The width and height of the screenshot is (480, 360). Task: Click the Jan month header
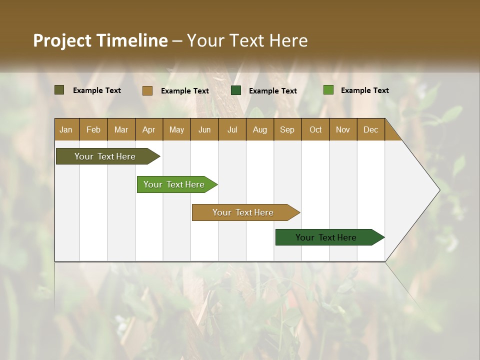pyautogui.click(x=66, y=129)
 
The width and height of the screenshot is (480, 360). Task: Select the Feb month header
pyautogui.click(x=93, y=129)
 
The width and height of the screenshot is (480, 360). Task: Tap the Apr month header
pyautogui.click(x=148, y=129)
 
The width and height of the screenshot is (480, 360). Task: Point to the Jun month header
pyautogui.click(x=204, y=129)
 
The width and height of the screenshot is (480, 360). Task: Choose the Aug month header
pyautogui.click(x=259, y=129)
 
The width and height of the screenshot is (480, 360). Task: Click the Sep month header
pyautogui.click(x=287, y=129)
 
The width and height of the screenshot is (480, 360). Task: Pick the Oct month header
pyautogui.click(x=315, y=129)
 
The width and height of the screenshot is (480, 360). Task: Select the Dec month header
pyautogui.click(x=370, y=129)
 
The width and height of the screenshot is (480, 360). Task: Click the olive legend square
pyautogui.click(x=59, y=90)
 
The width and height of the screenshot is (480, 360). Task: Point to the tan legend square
pyautogui.click(x=147, y=90)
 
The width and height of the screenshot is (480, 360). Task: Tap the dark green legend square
pyautogui.click(x=236, y=90)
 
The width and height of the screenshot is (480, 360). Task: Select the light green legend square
pyautogui.click(x=328, y=90)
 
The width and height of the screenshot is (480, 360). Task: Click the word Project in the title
pyautogui.click(x=62, y=40)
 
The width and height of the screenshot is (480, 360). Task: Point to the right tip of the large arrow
pyautogui.click(x=438, y=190)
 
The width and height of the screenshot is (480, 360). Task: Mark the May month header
pyautogui.click(x=176, y=129)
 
